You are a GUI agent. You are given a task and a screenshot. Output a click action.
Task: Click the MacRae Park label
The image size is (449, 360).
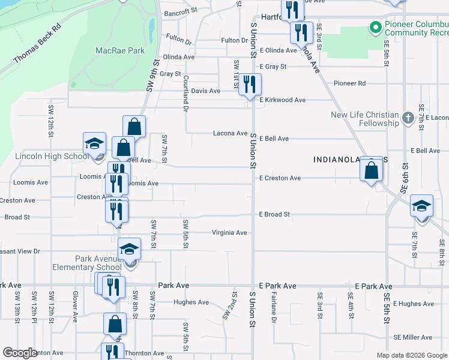point(120,50)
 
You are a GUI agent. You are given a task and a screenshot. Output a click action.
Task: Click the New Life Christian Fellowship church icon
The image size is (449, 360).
point(408,117)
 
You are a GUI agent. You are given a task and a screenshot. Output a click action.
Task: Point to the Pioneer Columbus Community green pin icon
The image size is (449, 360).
point(375,28)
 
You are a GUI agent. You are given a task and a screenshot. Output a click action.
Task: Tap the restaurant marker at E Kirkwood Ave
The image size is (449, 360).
point(250,85)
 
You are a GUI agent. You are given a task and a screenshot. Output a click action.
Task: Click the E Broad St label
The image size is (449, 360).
point(274,214)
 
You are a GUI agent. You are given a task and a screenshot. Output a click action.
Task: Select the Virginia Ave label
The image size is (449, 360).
point(229,233)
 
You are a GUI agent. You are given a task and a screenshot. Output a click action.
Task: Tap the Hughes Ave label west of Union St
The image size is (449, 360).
point(191,302)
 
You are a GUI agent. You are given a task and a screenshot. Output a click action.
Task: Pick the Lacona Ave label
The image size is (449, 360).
point(231,133)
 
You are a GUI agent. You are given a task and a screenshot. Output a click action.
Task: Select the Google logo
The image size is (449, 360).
point(20,353)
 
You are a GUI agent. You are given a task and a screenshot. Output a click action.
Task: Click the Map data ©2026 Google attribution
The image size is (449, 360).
point(411,355)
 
